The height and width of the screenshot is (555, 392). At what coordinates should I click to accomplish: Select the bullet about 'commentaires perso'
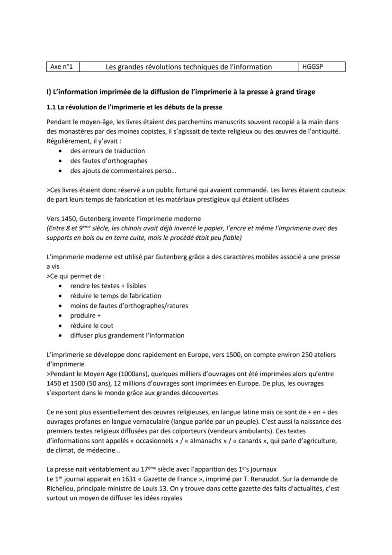[x=123, y=171]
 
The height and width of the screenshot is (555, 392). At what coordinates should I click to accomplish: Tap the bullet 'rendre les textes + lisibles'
[x=108, y=286]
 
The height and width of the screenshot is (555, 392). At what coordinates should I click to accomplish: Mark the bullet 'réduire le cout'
[x=92, y=326]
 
